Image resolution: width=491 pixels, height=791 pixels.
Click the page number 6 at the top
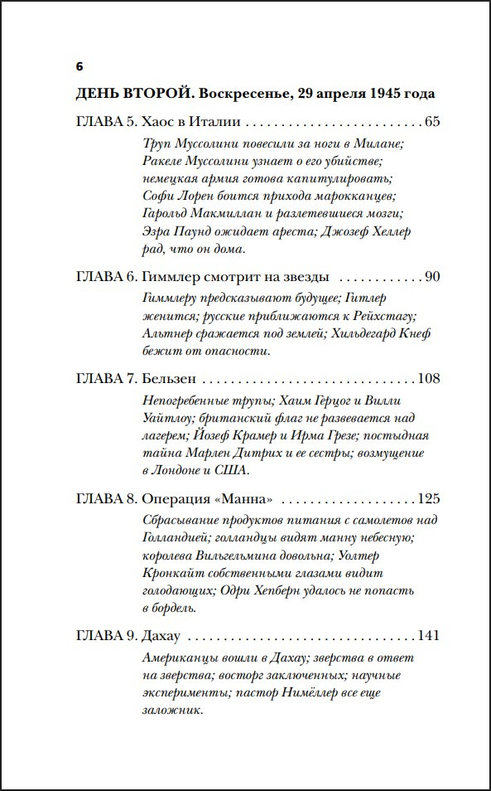tap(79, 66)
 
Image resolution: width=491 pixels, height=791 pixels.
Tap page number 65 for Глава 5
tap(431, 122)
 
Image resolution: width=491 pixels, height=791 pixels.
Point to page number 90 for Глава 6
tap(431, 276)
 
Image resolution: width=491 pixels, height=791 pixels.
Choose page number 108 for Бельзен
tap(428, 379)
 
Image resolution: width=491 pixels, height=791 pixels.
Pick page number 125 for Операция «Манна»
tap(428, 500)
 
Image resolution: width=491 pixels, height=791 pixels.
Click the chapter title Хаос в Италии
tap(187, 122)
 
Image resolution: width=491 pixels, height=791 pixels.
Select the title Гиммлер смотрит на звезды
tap(235, 276)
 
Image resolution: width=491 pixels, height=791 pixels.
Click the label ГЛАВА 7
tap(104, 379)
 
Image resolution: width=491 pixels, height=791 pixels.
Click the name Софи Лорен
tap(178, 197)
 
